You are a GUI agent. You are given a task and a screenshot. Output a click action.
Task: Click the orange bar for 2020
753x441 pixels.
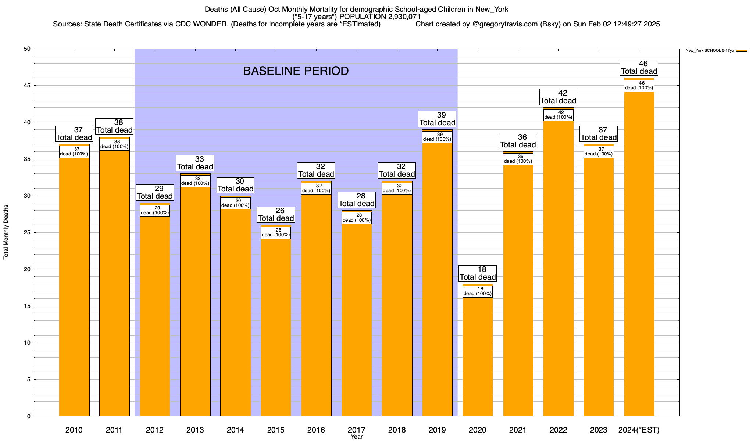478,356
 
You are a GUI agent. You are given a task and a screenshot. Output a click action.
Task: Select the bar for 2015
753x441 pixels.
276,327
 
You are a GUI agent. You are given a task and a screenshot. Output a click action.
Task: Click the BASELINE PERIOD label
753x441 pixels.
296,71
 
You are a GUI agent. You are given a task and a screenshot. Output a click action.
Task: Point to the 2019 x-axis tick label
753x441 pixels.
437,430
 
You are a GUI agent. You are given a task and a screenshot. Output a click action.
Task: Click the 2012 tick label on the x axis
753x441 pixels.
154,430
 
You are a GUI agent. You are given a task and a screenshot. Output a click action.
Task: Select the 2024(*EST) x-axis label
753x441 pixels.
639,430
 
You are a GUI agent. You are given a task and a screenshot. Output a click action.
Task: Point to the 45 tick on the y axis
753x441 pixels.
28,86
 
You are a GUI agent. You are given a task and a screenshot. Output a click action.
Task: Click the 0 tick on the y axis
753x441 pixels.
29,416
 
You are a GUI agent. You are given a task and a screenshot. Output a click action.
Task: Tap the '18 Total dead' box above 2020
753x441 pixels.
478,273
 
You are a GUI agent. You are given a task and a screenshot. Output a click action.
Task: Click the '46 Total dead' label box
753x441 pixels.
639,68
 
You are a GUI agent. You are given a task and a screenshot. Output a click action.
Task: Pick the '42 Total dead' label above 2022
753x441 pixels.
558,97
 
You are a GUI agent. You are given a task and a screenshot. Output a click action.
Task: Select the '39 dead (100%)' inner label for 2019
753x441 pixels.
437,137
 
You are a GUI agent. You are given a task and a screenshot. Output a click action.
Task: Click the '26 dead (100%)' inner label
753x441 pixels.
276,233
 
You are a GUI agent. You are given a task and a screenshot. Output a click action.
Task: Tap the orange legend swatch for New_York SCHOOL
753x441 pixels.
742,51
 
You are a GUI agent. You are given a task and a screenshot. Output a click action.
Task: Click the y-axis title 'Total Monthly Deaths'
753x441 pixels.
6,232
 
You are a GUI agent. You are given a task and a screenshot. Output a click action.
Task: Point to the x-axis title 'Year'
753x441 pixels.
356,437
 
